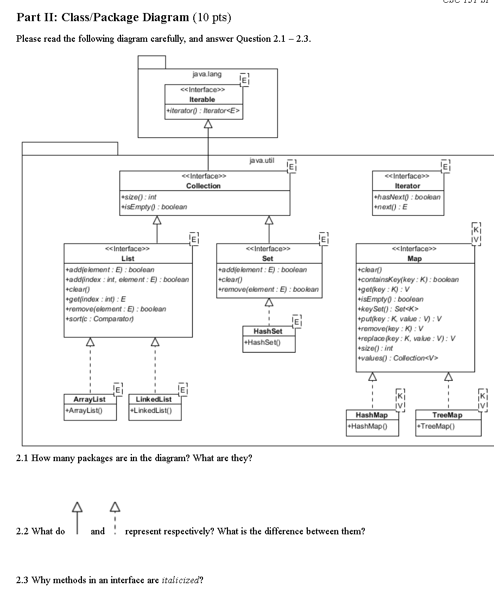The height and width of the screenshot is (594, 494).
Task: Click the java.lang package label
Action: click(x=207, y=74)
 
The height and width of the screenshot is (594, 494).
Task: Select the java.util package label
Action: click(x=262, y=161)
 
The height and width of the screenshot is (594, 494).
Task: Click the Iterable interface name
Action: click(x=202, y=99)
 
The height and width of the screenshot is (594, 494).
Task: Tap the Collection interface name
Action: click(x=203, y=186)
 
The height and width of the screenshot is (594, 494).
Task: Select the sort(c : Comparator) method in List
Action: click(x=99, y=318)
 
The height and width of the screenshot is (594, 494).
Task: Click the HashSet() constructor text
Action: click(x=263, y=342)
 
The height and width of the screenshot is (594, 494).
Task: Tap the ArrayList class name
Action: click(x=89, y=399)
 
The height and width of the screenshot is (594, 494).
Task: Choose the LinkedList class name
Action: click(x=154, y=399)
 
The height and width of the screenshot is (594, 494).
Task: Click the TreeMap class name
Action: click(x=447, y=415)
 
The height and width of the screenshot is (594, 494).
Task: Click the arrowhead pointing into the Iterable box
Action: click(x=208, y=124)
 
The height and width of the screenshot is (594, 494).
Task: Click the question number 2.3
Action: click(x=22, y=580)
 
